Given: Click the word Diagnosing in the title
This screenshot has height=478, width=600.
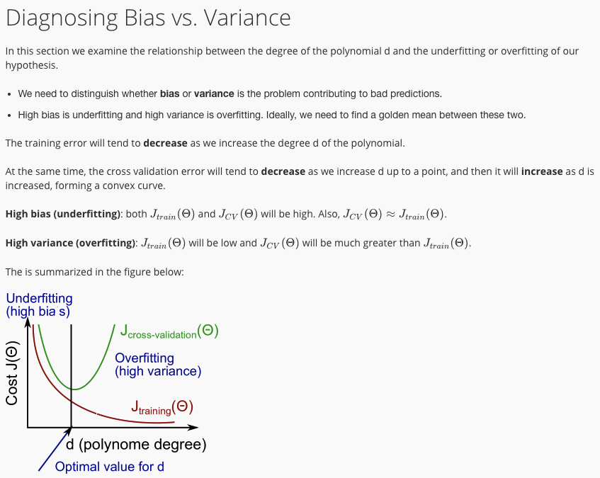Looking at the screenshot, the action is click(62, 18).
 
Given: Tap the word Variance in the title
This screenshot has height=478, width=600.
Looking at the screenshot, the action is click(247, 18).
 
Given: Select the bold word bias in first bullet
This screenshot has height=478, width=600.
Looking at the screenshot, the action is click(169, 93).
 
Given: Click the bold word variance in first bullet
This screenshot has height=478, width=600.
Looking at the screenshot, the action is click(214, 93).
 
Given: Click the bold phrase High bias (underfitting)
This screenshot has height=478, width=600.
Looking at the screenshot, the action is click(63, 214).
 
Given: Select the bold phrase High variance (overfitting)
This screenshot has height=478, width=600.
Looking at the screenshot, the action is click(71, 243).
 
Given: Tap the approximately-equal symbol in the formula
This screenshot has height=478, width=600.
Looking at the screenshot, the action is click(390, 214).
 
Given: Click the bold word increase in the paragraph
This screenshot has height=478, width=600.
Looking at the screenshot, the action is click(542, 171).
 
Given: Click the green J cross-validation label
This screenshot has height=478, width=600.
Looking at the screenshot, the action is click(169, 331).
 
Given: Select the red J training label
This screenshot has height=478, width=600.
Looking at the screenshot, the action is click(162, 407).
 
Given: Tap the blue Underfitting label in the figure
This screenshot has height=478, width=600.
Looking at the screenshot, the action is click(39, 305).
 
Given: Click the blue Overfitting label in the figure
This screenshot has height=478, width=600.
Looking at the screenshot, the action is click(158, 365).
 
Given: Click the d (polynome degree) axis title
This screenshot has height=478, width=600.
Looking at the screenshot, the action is click(136, 444).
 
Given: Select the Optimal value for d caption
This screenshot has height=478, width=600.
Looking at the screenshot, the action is click(109, 467).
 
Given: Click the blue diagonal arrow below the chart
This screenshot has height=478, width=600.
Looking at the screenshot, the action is click(55, 449).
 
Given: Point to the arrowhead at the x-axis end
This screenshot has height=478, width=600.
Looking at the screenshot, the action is click(193, 427).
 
